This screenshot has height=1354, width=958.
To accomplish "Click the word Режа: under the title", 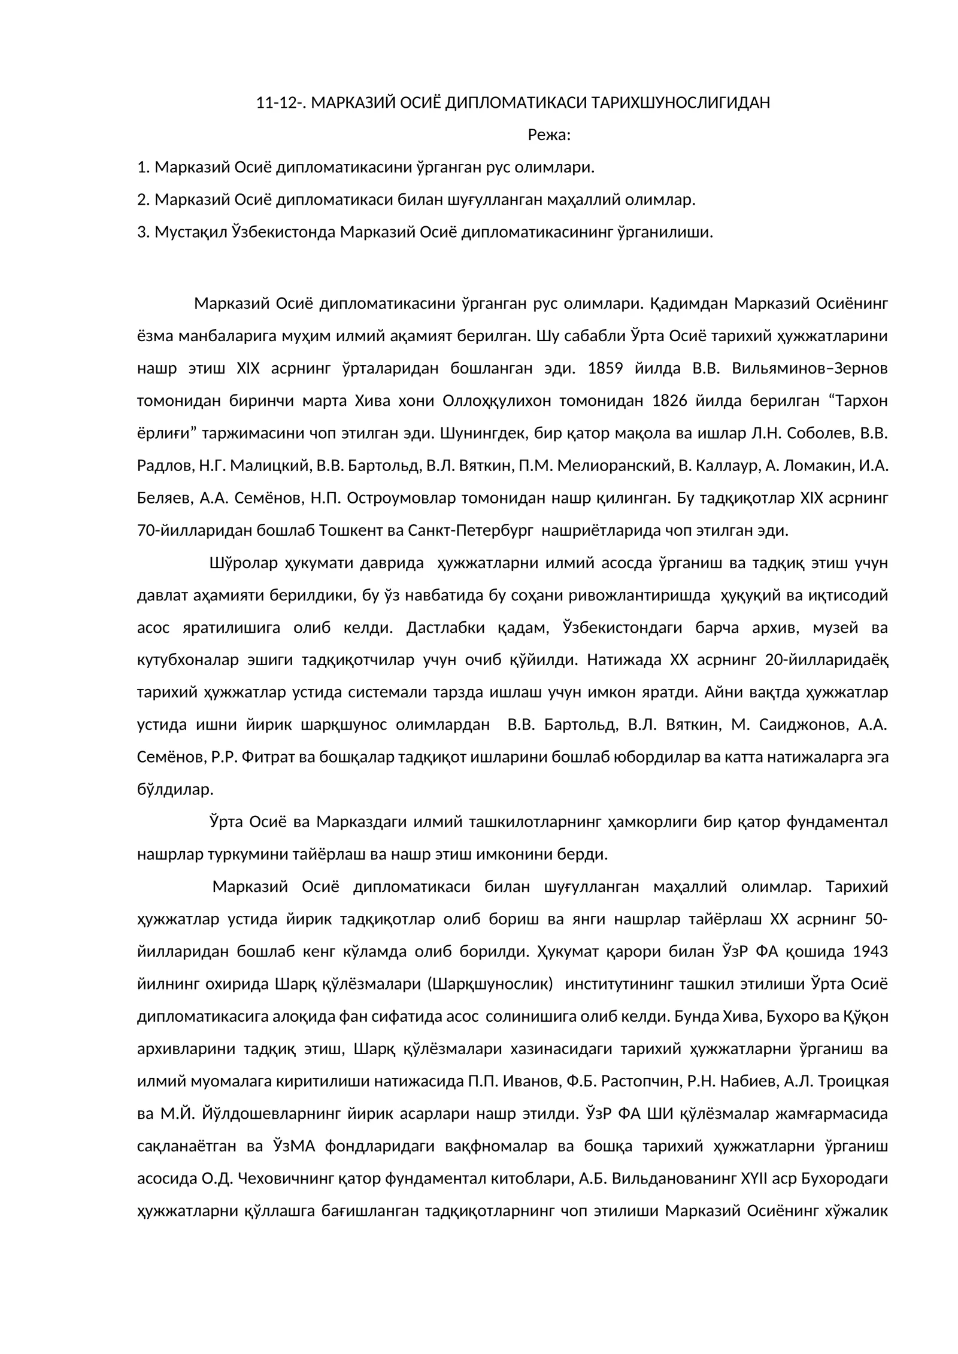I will [x=549, y=135].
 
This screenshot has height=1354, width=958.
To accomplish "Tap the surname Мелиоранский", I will [x=611, y=465].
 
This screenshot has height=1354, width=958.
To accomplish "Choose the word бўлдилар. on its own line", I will [x=175, y=790].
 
